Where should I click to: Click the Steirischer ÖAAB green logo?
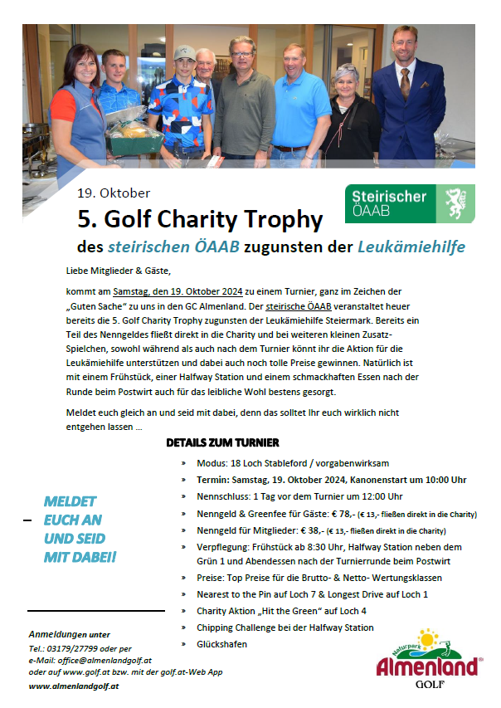tap(410, 204)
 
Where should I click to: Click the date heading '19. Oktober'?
tap(114, 193)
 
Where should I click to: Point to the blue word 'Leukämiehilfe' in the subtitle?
tap(411, 247)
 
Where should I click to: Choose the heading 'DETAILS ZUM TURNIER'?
tap(222, 442)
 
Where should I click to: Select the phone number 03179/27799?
tap(73, 648)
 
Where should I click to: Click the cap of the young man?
tap(185, 54)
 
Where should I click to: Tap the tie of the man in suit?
tap(405, 83)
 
